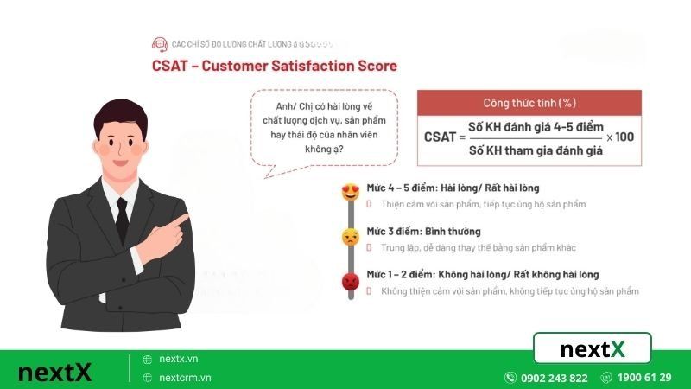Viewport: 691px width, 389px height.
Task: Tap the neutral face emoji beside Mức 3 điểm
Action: [351, 236]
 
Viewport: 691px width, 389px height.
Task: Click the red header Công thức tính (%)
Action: [529, 103]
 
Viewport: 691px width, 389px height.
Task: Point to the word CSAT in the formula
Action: [440, 137]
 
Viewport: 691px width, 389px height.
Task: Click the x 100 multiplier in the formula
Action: [620, 137]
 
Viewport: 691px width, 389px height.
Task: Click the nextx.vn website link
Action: [179, 359]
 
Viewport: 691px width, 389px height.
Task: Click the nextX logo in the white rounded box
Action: [593, 349]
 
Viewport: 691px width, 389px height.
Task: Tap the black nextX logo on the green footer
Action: [54, 373]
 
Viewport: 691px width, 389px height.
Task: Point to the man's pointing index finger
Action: [181, 220]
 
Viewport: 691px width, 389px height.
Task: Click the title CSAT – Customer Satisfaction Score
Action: [275, 66]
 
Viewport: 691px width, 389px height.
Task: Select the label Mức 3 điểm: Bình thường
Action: [423, 232]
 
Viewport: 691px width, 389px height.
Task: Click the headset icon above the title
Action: [159, 43]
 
